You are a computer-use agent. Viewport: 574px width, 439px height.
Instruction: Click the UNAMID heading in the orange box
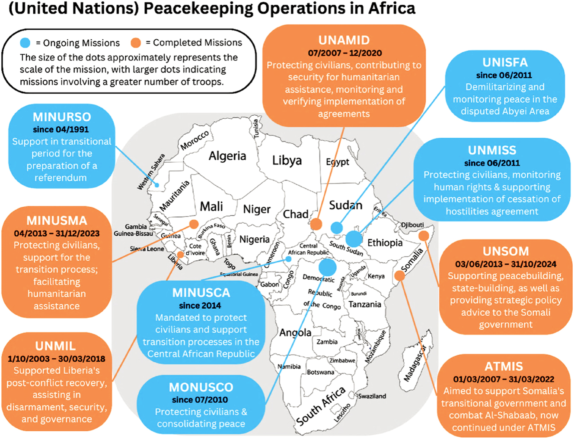click(x=344, y=40)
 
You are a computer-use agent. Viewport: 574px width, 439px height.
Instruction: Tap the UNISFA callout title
click(x=505, y=63)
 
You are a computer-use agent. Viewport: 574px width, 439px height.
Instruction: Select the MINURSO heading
click(x=62, y=117)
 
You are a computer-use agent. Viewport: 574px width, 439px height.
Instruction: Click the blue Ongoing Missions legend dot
click(x=25, y=43)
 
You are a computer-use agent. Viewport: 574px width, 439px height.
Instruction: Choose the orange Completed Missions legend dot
click(x=136, y=43)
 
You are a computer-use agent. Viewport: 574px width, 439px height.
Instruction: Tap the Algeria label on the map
click(x=227, y=156)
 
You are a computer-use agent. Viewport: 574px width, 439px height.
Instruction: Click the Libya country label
click(x=287, y=161)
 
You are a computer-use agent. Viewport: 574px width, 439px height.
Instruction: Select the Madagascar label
click(x=415, y=363)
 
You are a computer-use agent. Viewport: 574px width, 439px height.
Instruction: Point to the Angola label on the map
click(x=295, y=332)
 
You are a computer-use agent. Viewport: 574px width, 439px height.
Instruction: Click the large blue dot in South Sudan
click(x=354, y=238)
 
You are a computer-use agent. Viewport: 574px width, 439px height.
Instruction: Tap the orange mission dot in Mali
click(x=194, y=224)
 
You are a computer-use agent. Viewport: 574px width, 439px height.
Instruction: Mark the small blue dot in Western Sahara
click(x=157, y=185)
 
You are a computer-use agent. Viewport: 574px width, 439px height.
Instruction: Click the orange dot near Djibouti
click(x=424, y=236)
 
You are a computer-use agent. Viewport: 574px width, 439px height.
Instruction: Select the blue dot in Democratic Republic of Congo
click(x=327, y=267)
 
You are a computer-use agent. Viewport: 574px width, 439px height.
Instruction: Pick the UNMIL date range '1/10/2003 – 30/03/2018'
click(x=56, y=359)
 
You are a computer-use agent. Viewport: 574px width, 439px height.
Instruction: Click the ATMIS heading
click(x=504, y=366)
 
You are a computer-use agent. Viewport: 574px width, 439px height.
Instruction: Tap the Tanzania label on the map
click(x=365, y=304)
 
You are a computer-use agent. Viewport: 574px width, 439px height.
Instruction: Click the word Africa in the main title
click(x=392, y=8)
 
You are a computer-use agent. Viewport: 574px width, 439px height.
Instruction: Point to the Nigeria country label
click(x=254, y=239)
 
